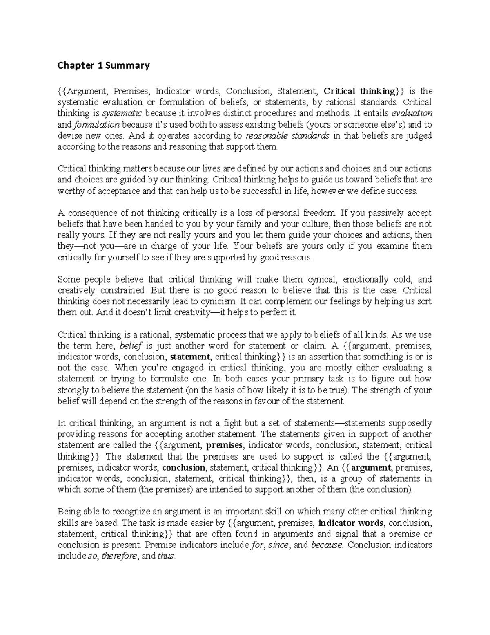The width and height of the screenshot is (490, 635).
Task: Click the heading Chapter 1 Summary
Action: tap(104, 65)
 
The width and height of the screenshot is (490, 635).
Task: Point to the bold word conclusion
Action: tap(184, 467)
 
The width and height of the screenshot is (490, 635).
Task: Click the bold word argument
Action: tap(371, 467)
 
